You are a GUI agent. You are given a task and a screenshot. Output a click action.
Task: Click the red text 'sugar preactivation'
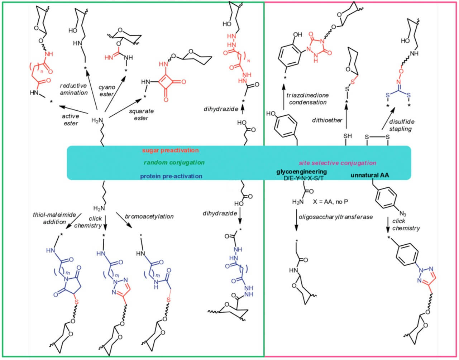click(x=170, y=150)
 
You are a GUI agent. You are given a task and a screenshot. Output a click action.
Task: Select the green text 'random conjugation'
click(x=169, y=163)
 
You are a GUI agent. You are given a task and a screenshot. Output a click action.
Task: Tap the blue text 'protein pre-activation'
click(x=171, y=176)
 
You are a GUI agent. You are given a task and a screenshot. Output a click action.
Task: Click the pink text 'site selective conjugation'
click(x=338, y=163)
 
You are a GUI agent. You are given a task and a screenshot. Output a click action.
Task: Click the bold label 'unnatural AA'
click(x=370, y=176)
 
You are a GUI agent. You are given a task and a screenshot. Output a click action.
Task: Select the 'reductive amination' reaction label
click(x=73, y=89)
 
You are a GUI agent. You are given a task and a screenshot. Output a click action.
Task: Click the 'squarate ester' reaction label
click(x=141, y=115)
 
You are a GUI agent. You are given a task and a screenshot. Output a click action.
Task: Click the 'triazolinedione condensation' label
click(x=306, y=99)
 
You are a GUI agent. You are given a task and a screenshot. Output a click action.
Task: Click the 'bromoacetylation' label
click(x=149, y=216)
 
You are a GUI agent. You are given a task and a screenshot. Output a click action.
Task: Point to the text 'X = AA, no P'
click(x=331, y=202)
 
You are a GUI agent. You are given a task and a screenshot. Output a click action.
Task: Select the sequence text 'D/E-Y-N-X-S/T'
click(x=305, y=178)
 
